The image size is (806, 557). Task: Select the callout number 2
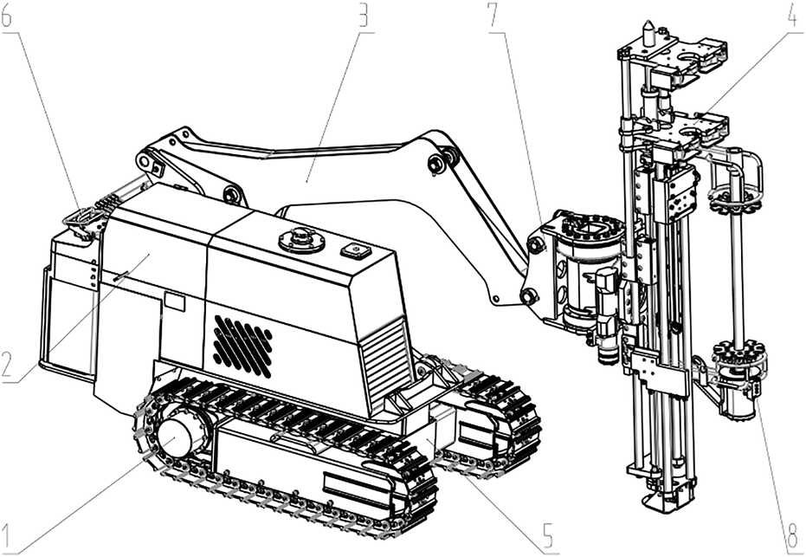(x=9, y=366)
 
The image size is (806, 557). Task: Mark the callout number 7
(x=497, y=18)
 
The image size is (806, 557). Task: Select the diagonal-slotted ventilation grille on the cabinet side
(x=243, y=345)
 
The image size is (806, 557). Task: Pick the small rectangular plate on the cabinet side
(x=175, y=301)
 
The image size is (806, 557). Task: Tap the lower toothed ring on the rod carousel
(x=739, y=355)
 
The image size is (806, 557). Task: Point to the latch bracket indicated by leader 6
(x=82, y=221)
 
